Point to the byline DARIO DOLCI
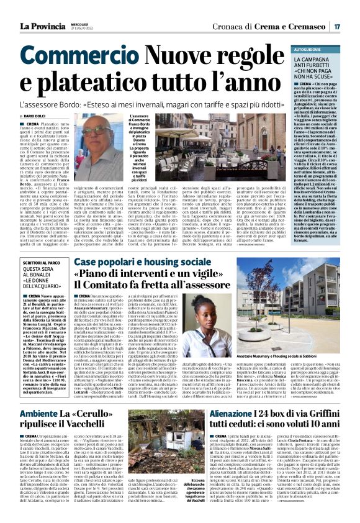point(38,116)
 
